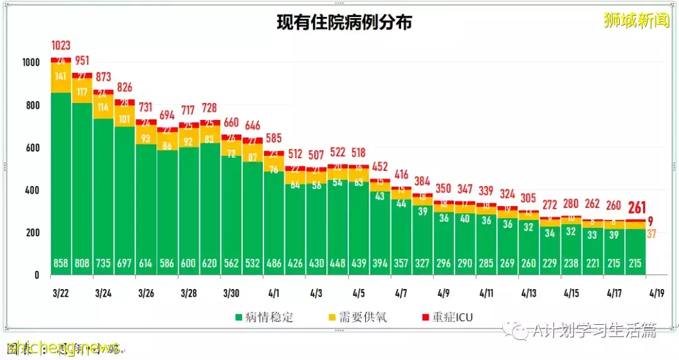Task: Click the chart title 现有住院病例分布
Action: (345, 23)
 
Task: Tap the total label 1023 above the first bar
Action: (61, 46)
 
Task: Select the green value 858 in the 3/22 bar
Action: (61, 263)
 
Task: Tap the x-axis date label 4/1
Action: (273, 293)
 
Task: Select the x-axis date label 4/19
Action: (656, 293)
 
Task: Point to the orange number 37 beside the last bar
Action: (652, 234)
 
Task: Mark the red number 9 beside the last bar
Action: (651, 221)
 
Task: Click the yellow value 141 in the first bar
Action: (61, 77)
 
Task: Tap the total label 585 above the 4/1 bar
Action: (273, 138)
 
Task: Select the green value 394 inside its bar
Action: (380, 263)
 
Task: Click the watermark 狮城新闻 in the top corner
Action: (636, 21)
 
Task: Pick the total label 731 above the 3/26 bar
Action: (146, 107)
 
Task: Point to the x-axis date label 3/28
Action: (189, 293)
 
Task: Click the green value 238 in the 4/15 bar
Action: (571, 263)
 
